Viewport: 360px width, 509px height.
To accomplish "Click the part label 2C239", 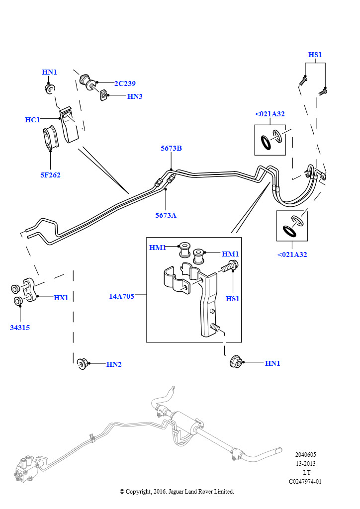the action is click(125, 84).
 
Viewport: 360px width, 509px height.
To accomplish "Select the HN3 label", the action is click(135, 96).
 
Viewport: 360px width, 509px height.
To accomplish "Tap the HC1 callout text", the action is click(32, 120).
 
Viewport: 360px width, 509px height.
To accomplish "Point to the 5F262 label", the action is click(50, 175).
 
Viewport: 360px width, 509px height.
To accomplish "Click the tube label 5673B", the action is click(171, 148).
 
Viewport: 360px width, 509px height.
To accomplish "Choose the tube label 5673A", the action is click(166, 215).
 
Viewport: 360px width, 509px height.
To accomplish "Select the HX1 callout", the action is click(61, 298).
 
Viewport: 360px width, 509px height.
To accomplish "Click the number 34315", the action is click(20, 328).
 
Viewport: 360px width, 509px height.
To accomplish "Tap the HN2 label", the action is click(114, 364).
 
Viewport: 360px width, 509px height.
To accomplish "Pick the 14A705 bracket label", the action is click(121, 296).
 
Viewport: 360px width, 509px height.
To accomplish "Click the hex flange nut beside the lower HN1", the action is click(236, 362).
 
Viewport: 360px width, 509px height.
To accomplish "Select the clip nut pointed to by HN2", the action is click(82, 364).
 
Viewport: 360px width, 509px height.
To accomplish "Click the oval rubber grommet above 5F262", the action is click(50, 137).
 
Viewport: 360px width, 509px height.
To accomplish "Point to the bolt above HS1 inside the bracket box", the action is click(230, 266).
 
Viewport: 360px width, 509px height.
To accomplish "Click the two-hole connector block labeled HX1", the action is click(28, 290).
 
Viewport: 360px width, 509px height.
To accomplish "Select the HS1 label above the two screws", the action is click(315, 55).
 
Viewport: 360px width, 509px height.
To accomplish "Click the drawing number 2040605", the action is click(305, 455).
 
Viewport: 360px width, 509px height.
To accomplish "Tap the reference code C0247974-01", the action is click(305, 481).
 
